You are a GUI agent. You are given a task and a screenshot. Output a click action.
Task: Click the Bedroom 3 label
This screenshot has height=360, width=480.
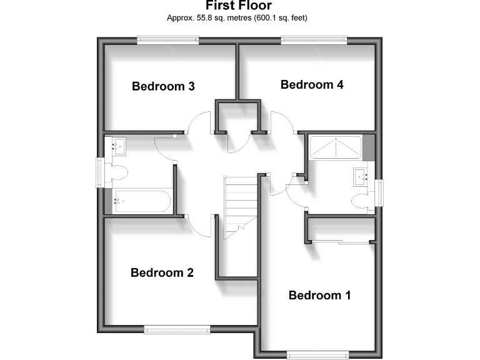pos(163,86)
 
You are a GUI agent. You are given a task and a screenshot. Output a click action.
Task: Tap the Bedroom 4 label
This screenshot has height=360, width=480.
pos(312,84)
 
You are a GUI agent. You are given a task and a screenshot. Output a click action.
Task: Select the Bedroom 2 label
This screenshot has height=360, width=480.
pos(162,272)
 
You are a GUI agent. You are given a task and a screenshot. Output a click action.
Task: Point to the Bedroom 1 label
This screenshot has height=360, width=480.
pos(319,295)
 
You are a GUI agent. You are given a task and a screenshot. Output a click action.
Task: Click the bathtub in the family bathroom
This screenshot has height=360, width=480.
pos(141,201)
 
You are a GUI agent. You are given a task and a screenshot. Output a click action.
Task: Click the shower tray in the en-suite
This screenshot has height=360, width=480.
pos(335,147)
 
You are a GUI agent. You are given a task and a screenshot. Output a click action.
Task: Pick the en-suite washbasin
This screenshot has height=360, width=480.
pos(361,177)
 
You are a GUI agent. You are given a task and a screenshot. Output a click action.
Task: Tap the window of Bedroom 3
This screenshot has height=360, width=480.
pos(168,41)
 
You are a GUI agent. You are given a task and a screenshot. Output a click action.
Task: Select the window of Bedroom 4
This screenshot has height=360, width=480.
pos(314,41)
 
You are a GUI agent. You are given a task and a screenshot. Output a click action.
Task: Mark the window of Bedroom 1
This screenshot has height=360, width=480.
pos(317,355)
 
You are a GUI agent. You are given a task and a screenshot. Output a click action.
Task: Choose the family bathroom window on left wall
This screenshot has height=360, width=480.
pos(99,172)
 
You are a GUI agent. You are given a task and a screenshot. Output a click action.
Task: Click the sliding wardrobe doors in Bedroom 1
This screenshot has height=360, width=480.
pos(342,242)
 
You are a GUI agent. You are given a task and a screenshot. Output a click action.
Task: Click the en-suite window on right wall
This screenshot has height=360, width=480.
pos(379,191)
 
